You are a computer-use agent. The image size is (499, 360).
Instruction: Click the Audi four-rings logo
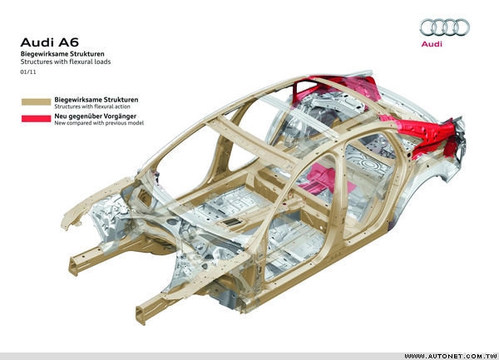pos(445,27)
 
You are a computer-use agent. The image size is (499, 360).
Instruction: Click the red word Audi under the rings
pos(432,44)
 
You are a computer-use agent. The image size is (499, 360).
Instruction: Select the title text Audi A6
pos(49,42)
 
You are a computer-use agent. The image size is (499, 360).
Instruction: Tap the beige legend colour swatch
pos(36,101)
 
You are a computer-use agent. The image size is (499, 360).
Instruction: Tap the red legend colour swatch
pos(36,119)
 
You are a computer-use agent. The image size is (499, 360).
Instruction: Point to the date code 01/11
pos(28,72)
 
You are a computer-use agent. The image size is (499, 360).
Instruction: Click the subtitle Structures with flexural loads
pos(66,62)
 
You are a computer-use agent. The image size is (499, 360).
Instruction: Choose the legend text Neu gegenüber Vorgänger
pos(95,116)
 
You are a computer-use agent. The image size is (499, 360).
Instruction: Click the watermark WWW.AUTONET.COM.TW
pos(450,356)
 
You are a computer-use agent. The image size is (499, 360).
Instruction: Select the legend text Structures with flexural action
pos(92,106)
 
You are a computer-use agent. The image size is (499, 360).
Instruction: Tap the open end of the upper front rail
pos(73,266)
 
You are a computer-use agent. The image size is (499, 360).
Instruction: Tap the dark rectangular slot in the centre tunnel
pos(232,222)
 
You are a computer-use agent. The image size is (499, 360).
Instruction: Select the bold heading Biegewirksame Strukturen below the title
pos(62,54)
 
